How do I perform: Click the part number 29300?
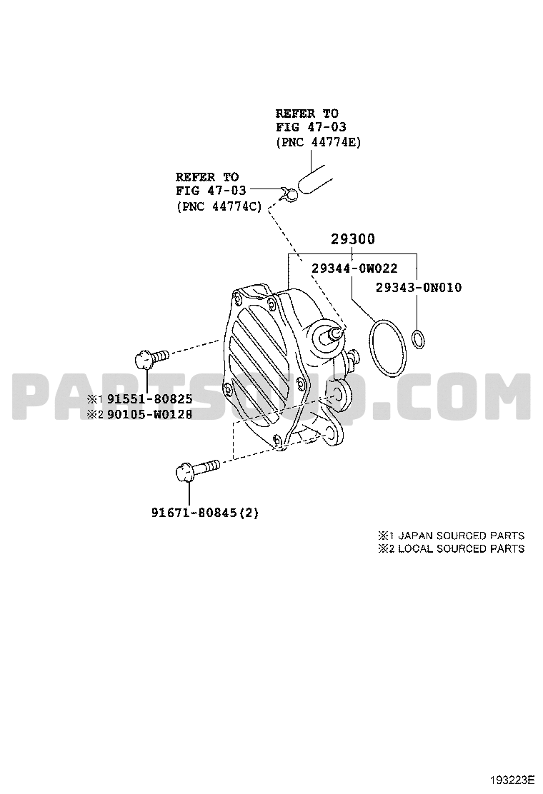click(x=352, y=239)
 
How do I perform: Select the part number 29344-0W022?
click(x=354, y=268)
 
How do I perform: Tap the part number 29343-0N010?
click(x=419, y=288)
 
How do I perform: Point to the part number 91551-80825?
click(x=149, y=399)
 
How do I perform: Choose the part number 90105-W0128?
click(x=149, y=414)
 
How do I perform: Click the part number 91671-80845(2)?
click(x=204, y=513)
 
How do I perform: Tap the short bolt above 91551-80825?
click(x=151, y=358)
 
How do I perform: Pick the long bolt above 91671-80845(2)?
click(x=197, y=469)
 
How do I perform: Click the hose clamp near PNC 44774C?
click(x=289, y=194)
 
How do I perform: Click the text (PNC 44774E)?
click(x=319, y=142)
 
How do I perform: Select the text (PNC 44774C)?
click(x=219, y=206)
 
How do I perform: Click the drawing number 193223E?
click(x=512, y=778)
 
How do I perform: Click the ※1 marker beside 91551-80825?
click(x=95, y=399)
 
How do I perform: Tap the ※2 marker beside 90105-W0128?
click(x=95, y=414)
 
